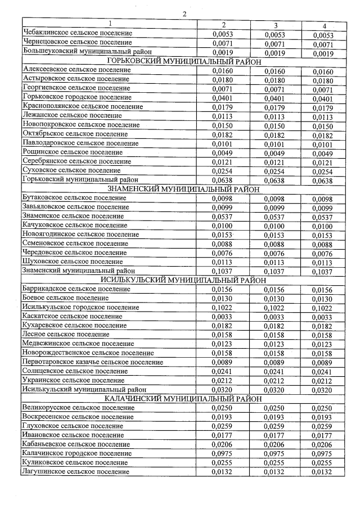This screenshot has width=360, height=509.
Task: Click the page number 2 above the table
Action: point(183,13)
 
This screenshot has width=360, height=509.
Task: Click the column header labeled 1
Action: point(110,24)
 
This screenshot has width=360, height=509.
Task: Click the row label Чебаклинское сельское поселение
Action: point(78,33)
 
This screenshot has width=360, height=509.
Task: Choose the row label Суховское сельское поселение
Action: point(71,169)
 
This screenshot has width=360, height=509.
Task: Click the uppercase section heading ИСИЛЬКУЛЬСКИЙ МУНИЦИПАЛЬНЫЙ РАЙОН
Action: point(183,280)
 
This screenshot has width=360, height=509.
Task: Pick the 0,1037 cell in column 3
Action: point(276,272)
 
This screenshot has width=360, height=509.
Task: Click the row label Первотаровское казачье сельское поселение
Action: point(93,362)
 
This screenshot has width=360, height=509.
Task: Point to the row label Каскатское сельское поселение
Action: point(71,317)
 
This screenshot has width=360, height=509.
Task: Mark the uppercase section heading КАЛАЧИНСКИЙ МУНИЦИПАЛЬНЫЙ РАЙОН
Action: point(183,399)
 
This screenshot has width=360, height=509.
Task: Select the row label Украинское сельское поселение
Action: point(73,380)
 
